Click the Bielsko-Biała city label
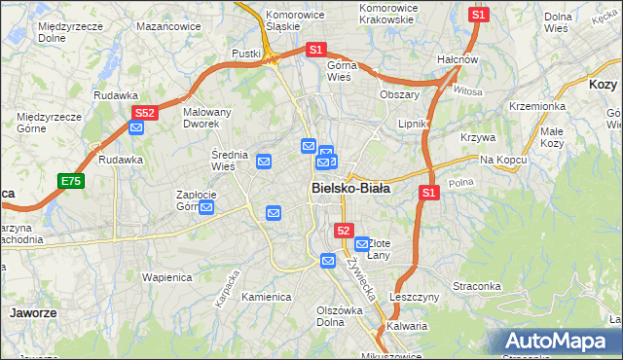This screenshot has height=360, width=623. [350, 190]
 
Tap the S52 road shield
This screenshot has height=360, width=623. [144, 113]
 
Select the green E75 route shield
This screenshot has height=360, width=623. [70, 181]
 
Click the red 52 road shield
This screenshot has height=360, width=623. [344, 230]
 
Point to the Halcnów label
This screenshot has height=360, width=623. [458, 59]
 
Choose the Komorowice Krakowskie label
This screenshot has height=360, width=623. [388, 14]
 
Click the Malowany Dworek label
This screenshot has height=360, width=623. [207, 118]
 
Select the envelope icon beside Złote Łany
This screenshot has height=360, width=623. [362, 244]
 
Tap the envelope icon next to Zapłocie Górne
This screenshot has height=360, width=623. [206, 207]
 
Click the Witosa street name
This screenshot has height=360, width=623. [467, 90]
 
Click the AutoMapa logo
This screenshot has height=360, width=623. [556, 342]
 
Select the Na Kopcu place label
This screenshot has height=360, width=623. [502, 159]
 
